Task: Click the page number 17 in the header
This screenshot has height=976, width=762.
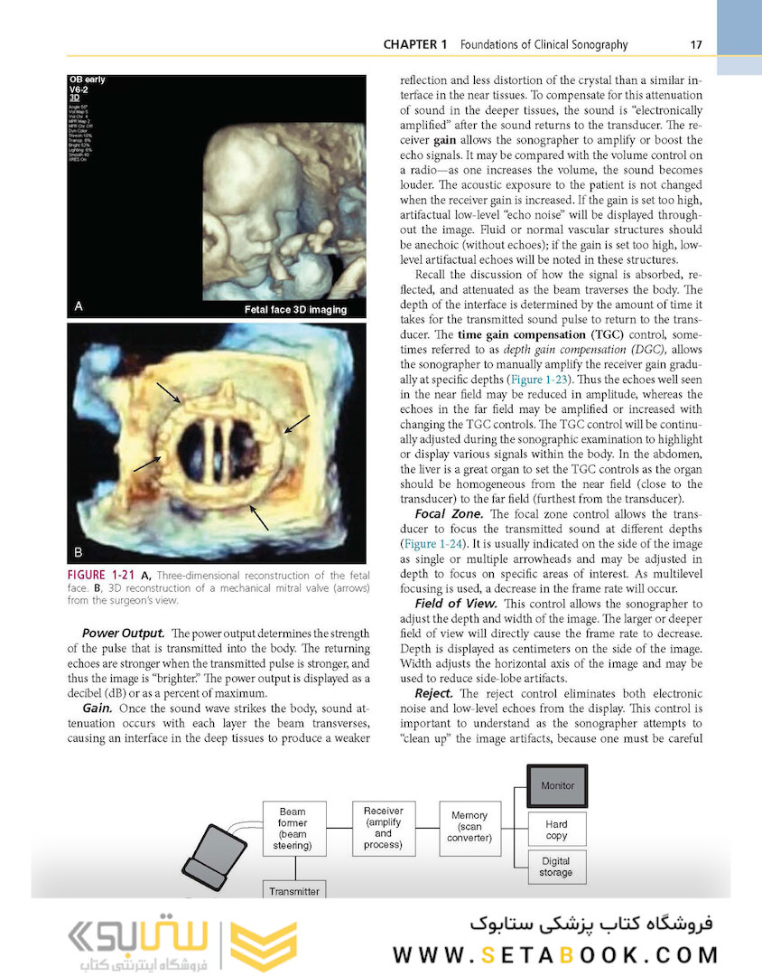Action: pos(695,44)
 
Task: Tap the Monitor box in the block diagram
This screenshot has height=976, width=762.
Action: pos(557,785)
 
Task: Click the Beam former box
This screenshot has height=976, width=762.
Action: pos(293,829)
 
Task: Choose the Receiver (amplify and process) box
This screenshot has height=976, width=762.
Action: pos(383,827)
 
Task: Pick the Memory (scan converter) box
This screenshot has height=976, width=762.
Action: pos(469,826)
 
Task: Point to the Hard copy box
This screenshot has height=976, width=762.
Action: pos(556,830)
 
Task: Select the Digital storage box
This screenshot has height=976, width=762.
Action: pos(556,867)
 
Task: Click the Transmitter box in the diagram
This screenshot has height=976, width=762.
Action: pos(293,890)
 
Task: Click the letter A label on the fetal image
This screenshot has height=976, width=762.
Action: pos(79,306)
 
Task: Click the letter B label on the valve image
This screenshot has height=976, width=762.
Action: pos(79,550)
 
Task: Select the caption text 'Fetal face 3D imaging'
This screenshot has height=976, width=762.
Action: pos(295,309)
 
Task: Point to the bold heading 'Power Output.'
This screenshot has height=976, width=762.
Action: pos(123,633)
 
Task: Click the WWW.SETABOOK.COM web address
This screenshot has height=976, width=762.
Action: pos(556,955)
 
